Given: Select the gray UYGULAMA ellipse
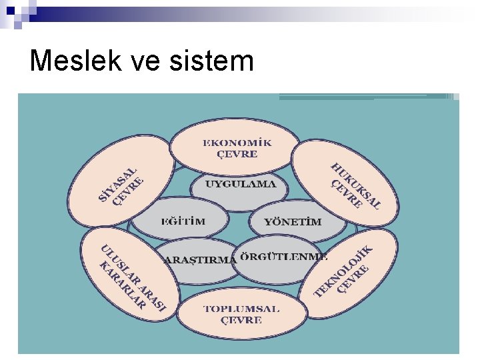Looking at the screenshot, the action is pos(240,185).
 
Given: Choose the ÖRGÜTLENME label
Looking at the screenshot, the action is pos(283,256).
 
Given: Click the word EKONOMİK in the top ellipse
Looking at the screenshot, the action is pos(237,143).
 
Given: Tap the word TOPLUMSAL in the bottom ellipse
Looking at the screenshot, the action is pos(241,309).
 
